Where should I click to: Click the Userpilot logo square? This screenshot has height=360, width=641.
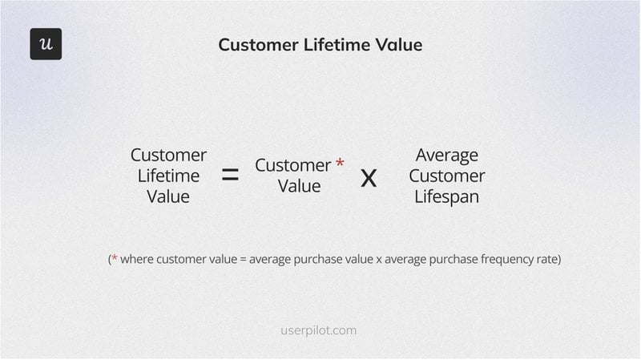46,44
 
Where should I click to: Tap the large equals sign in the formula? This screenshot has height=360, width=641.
230,176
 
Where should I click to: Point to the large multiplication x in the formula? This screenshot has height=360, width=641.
369,176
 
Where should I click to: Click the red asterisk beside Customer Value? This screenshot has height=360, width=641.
340,164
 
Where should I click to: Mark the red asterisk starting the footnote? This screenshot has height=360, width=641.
114,259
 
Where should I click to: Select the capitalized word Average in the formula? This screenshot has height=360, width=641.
446,155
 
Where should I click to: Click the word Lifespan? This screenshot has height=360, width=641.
446,196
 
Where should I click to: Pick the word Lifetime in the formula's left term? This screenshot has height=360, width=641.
168,176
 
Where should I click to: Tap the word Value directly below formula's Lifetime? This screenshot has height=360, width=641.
168,196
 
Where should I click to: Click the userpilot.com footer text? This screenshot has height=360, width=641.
319,330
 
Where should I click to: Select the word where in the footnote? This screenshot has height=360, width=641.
139,260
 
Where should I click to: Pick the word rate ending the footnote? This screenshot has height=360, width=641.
546,260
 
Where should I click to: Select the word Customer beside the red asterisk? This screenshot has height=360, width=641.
293,165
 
